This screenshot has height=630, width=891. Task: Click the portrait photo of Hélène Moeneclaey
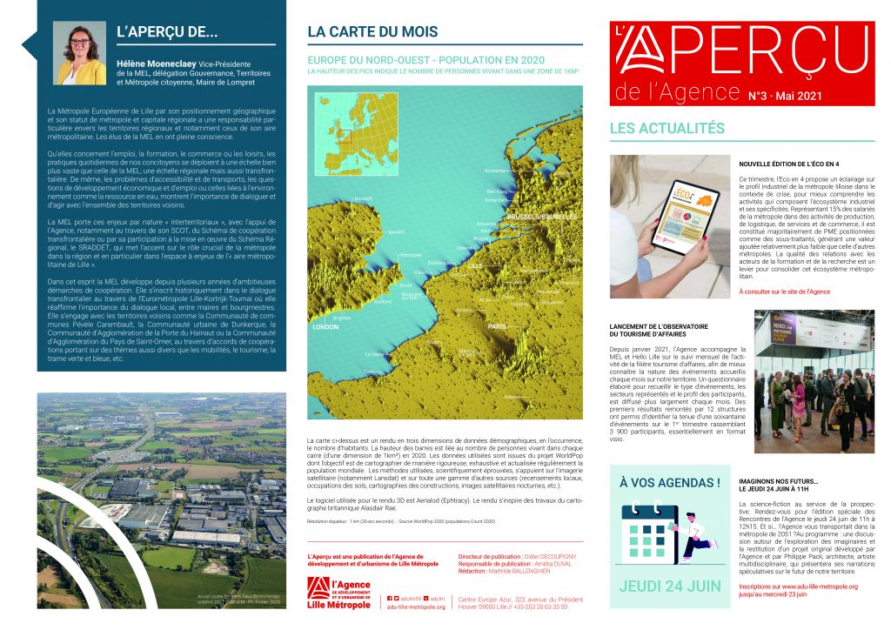(80, 52)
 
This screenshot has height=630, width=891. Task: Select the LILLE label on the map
(474, 265)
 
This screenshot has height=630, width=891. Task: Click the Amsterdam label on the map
(496, 171)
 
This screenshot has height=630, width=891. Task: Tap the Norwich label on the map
(364, 198)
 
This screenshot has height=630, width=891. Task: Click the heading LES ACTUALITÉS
(667, 128)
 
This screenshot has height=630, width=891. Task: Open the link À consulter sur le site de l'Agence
(784, 292)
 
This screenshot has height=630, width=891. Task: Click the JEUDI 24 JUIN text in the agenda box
(669, 586)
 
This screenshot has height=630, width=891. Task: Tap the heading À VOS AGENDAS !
(669, 482)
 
